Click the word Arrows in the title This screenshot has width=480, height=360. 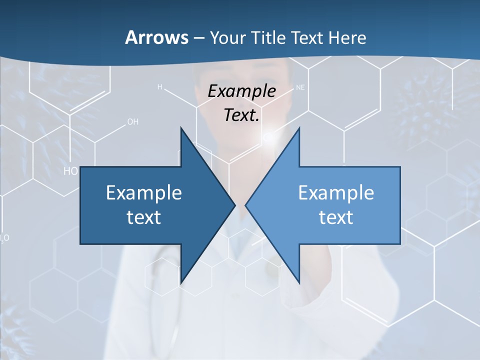[x=156, y=37]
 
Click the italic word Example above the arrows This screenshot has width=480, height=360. [x=242, y=91]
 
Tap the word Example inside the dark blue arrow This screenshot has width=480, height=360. [x=144, y=192]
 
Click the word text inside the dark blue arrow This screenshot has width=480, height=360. [x=144, y=217]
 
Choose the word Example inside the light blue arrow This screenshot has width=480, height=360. [x=336, y=192]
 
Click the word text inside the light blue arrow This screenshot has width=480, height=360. [x=336, y=217]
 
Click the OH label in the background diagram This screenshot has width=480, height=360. [x=133, y=121]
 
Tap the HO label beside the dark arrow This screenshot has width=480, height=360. [x=71, y=171]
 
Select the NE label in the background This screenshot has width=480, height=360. [x=300, y=87]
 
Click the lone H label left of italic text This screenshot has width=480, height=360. [x=160, y=87]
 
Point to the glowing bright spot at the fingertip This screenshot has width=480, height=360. [x=268, y=136]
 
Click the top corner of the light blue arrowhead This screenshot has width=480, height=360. [x=299, y=128]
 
